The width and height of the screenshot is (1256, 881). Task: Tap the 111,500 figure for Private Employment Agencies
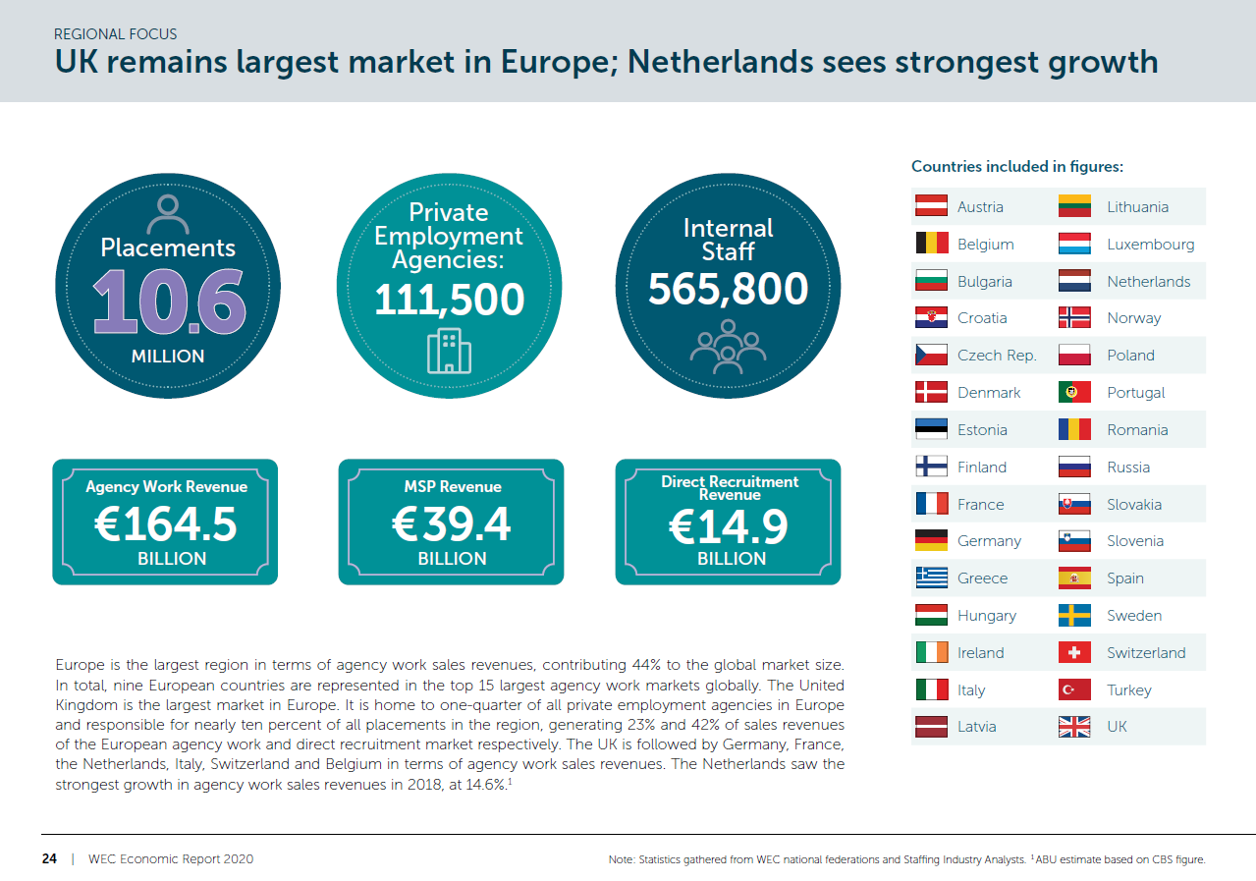pos(449,299)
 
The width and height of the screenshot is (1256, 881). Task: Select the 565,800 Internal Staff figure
pos(728,289)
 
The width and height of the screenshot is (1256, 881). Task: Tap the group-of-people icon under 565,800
pos(728,347)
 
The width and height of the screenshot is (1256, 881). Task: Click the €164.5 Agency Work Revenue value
pos(165,525)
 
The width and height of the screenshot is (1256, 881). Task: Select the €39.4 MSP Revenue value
pos(452,525)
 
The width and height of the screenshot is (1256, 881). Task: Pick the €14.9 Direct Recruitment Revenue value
pos(729,527)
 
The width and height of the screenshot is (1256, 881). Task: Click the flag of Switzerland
pos(1074,653)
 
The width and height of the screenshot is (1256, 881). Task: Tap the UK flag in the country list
pos(1074,727)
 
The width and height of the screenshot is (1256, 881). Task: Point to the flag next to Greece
pos(931,578)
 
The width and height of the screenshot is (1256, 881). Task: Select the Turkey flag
pos(1074,690)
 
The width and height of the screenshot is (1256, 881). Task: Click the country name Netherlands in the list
pos(1148,282)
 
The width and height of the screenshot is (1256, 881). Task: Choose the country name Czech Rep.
pos(997,356)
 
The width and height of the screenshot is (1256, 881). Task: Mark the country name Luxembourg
pos(1150,245)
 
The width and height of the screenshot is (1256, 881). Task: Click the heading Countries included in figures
pos(1017,167)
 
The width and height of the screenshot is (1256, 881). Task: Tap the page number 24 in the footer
pos(49,859)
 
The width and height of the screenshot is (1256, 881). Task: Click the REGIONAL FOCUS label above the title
pos(116,34)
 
